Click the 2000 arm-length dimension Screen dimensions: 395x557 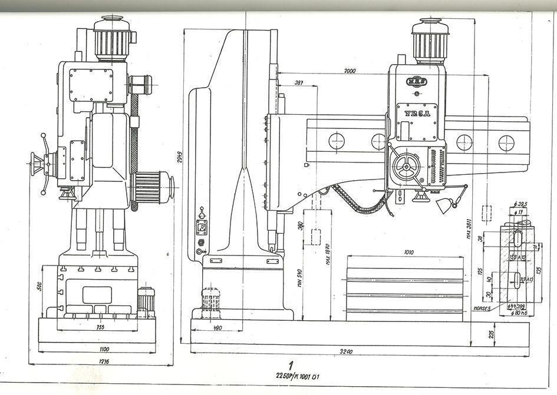(350, 71)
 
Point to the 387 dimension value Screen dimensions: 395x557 (299, 83)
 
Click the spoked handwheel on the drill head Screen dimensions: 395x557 (406, 167)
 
